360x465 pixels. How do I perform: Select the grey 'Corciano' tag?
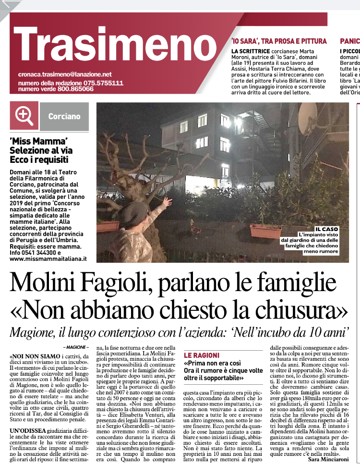coord(64,117)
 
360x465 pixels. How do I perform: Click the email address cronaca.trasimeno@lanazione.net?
coord(65,74)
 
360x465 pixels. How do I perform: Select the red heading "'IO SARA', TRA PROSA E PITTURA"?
coord(278,41)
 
